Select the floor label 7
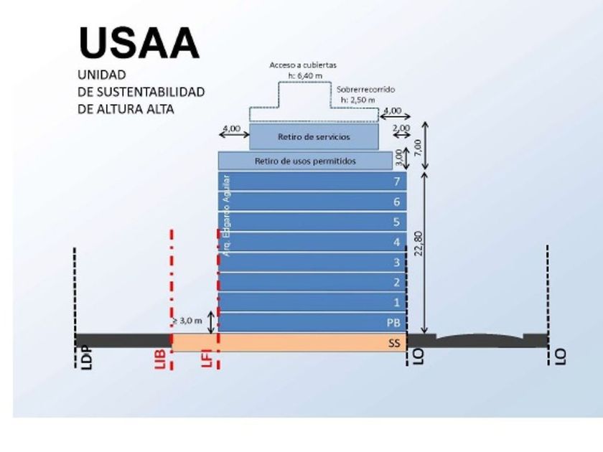pos(396,182)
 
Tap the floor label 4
pos(396,242)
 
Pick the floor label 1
pos(396,302)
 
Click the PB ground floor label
pos(393,322)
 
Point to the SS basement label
pos(393,344)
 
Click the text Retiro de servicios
pos(313,136)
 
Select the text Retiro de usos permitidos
pos(305,161)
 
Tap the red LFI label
pos(206,357)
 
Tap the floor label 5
pos(396,222)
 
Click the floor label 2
pos(396,282)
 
